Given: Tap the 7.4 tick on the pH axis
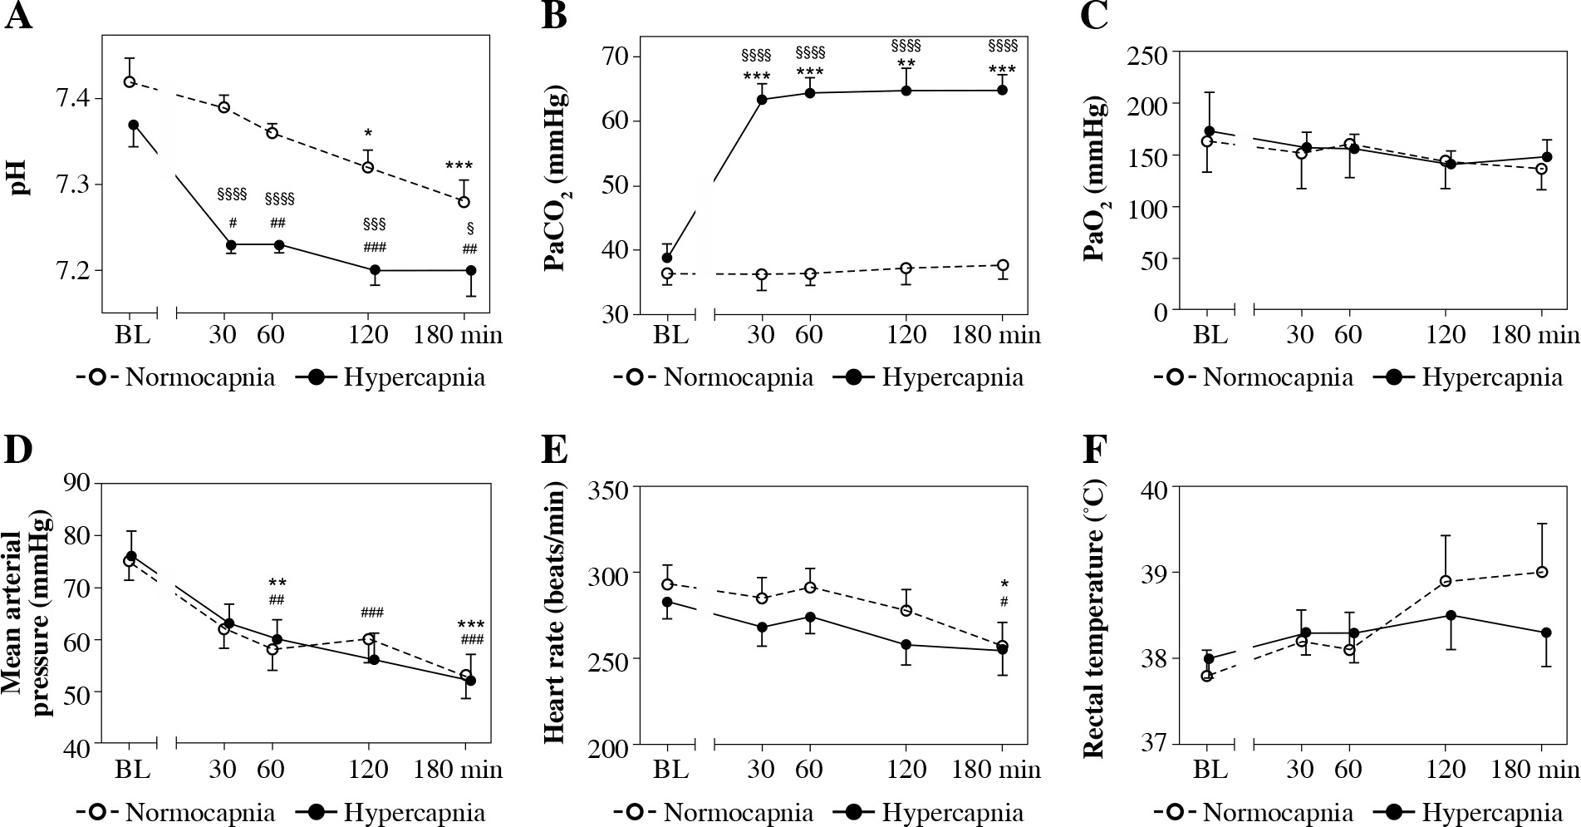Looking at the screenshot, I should point(72,100).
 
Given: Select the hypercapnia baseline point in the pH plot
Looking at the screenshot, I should point(133,125).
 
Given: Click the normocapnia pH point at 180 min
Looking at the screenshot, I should point(464,202).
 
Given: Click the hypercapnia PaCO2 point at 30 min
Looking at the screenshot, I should point(762,100).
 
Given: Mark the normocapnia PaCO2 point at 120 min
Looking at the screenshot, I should point(906,268).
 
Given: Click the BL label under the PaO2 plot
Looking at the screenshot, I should point(1210,335).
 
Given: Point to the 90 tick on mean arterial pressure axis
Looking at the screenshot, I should point(72,483).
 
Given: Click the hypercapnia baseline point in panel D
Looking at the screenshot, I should point(131,556).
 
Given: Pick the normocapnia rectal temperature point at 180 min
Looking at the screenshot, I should point(1542,572).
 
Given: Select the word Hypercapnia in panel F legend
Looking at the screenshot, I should point(1492,812).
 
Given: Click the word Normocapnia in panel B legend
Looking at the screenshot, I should point(739,378).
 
